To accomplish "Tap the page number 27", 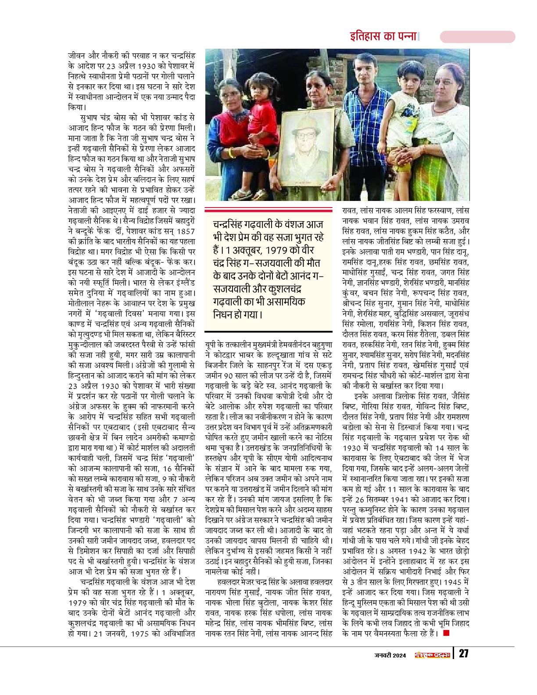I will click(465, 654).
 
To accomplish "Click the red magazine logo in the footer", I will click(433, 654).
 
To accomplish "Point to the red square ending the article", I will click(447, 633).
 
